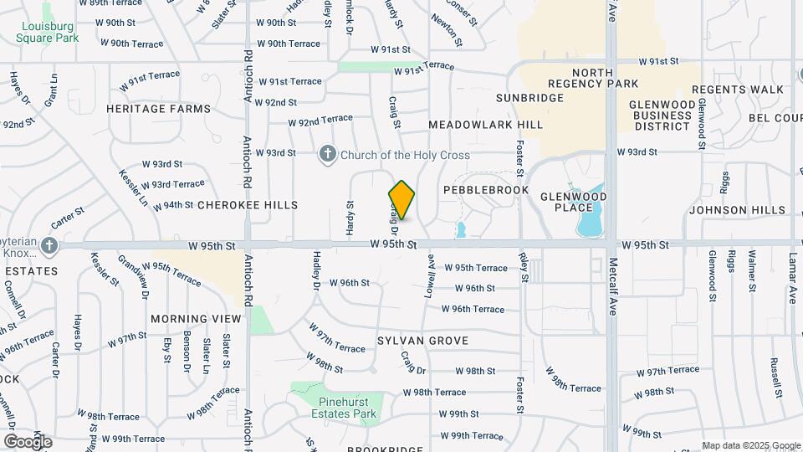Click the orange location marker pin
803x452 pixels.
(x=401, y=200)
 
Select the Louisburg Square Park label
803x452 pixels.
(x=48, y=32)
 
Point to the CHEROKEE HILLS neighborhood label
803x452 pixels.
(x=248, y=205)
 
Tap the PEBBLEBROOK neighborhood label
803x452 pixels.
(x=486, y=190)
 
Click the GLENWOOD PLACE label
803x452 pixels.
(x=574, y=202)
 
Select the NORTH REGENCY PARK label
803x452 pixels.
(x=593, y=78)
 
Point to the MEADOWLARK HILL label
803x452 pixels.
(x=485, y=125)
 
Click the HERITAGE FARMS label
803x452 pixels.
(x=147, y=109)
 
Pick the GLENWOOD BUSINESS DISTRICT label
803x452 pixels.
(x=662, y=116)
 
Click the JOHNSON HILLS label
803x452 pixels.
(x=737, y=210)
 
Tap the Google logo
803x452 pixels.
(x=28, y=441)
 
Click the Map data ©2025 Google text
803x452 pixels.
(x=750, y=445)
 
